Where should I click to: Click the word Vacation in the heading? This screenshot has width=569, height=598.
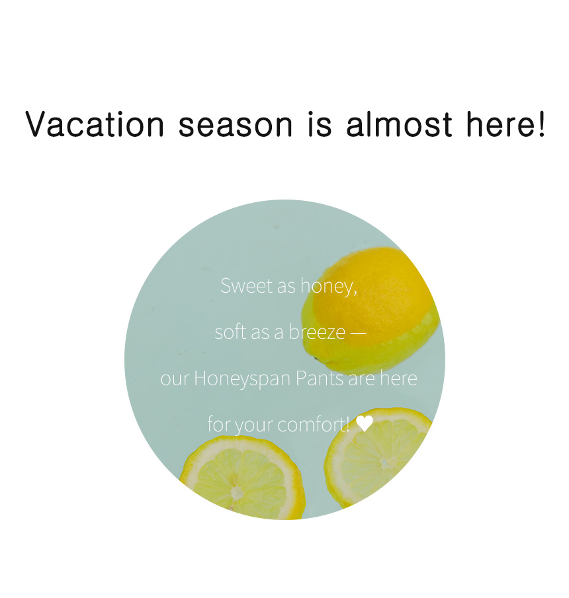[95, 124]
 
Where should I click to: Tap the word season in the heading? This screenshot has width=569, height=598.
[236, 125]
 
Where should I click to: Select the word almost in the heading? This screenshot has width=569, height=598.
[399, 124]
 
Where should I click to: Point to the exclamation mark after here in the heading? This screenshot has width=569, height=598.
[541, 124]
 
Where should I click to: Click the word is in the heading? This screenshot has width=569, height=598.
[320, 124]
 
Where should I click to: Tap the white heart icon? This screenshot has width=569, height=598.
[365, 424]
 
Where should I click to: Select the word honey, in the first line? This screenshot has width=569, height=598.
[328, 286]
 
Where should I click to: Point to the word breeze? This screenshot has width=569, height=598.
[317, 332]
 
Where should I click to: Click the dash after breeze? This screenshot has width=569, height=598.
[358, 332]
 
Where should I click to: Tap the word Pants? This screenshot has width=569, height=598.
[320, 378]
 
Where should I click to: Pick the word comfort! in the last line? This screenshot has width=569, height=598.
[313, 424]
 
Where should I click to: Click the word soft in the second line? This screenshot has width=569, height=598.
[230, 332]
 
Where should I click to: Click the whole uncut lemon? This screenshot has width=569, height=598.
[370, 310]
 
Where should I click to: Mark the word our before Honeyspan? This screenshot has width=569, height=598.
[175, 379]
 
